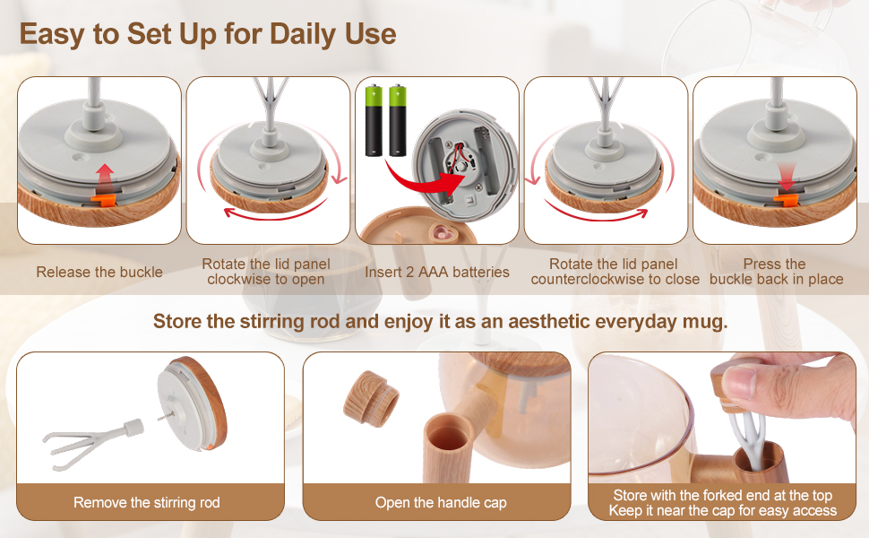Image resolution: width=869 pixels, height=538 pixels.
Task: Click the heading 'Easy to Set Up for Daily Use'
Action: click(208, 34)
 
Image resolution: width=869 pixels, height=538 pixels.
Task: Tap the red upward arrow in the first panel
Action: click(106, 173)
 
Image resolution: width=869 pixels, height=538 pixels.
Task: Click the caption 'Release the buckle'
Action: click(99, 272)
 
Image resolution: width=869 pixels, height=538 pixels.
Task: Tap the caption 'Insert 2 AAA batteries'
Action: click(437, 272)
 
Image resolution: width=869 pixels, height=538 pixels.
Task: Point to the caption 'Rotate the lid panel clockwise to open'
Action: click(266, 272)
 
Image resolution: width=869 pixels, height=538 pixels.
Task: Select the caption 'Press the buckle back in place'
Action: click(776, 272)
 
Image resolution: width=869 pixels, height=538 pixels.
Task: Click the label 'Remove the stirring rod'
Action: click(147, 502)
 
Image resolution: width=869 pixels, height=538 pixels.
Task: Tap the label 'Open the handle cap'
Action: click(441, 502)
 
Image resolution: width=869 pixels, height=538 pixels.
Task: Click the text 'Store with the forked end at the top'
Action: click(723, 495)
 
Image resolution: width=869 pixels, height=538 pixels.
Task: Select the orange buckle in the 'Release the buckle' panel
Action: click(105, 197)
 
